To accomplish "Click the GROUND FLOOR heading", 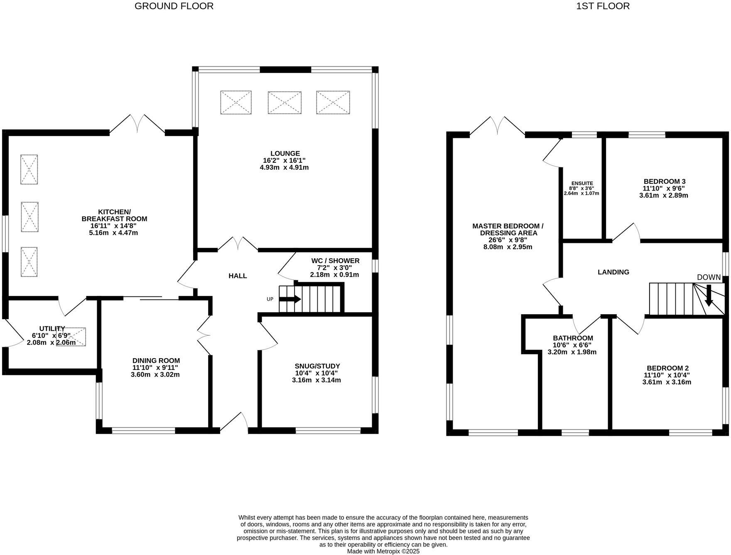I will point(174,6).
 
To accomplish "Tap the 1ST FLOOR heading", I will point(603,6).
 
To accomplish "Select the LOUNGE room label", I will point(285,154).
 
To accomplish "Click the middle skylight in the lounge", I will point(285,103).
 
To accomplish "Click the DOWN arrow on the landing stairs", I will point(709,296).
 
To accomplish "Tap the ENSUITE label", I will point(582,183).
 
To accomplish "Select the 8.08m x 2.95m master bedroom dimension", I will point(508,247).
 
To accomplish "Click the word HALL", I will point(238,276).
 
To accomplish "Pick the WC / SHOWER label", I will point(335,261).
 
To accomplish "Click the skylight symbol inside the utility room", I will point(71,337).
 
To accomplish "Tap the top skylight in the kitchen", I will point(29,169).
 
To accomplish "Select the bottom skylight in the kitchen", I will point(29,262).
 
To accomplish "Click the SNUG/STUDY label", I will point(317,366).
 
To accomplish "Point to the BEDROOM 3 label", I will point(664,181).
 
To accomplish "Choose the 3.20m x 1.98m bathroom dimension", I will point(572,352).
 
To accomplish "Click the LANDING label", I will point(613,272).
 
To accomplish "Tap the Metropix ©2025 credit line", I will point(383,551).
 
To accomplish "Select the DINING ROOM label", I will point(156,361).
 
